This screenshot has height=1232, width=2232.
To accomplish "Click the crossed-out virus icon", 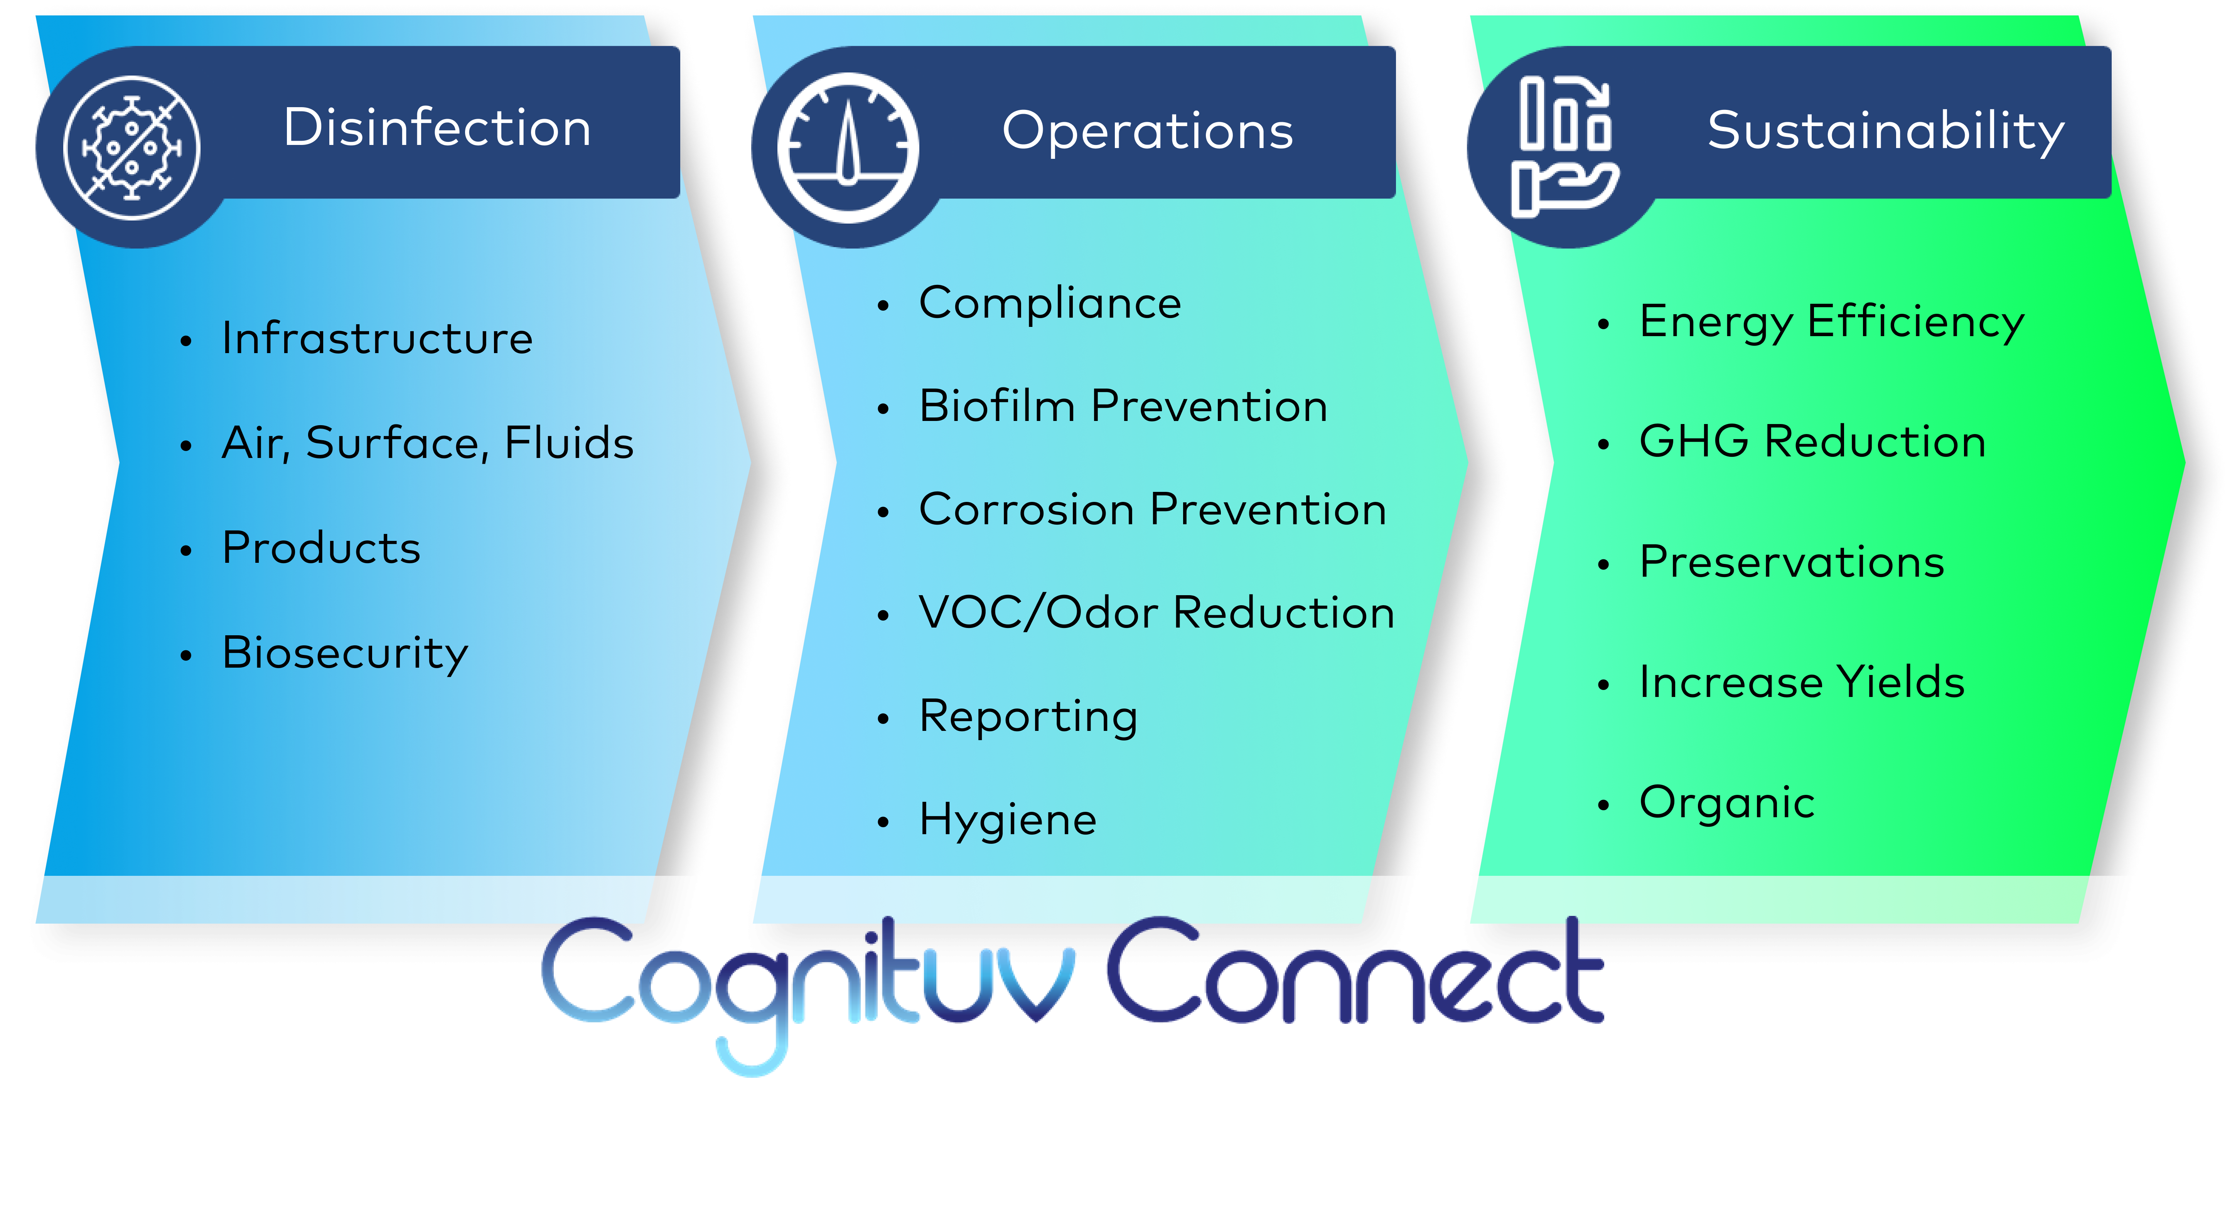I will pos(132,147).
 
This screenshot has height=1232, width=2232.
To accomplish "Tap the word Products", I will pos(320,547).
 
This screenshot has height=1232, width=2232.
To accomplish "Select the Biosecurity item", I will pos(345,652).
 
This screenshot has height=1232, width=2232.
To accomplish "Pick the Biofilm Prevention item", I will pos(1123,406).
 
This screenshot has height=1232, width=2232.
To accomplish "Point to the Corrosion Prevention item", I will pos(1152,510).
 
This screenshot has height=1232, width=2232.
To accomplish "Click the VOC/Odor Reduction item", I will pos(1156,613).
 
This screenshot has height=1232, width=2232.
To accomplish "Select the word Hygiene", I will pos(1008,820).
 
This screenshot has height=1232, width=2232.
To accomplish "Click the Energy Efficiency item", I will pos(1832,321).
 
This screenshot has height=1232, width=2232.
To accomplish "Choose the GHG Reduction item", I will pos(1813,442).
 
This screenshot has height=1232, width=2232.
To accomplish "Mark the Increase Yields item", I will pos(1801,682).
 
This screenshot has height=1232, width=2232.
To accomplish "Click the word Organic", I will pos(1727,802).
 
